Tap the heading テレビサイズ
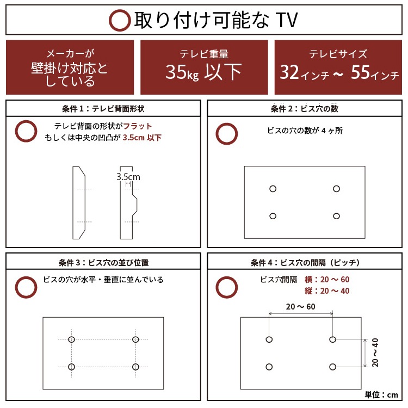[338, 54]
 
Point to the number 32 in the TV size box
[291, 72]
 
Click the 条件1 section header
[103, 109]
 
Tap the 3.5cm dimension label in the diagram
[128, 177]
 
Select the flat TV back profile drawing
[79, 202]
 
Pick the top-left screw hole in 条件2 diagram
[273, 189]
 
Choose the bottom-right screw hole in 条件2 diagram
[336, 216]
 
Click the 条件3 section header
[103, 262]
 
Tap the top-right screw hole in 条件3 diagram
[135, 339]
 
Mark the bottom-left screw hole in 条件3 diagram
[71, 366]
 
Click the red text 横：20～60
[327, 280]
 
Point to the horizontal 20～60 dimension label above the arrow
[300, 307]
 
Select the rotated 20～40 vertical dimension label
[375, 352]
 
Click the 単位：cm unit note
[381, 394]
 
